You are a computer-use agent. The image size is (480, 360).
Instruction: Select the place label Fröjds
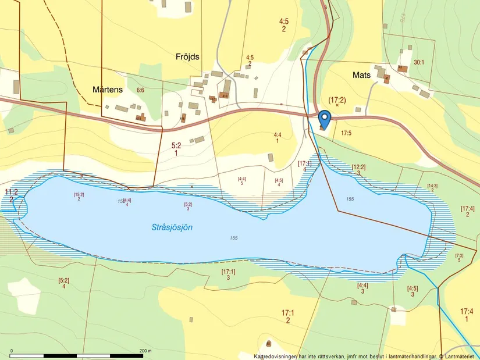(188, 56)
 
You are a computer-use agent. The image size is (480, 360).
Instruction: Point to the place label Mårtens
(108, 90)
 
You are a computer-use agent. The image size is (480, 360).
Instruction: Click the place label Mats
(361, 75)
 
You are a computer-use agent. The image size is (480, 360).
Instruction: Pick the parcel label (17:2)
(337, 100)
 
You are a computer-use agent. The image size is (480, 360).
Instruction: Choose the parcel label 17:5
(347, 133)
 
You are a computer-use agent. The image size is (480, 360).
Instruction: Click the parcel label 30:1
(419, 62)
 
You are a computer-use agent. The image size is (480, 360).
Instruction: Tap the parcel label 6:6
(140, 90)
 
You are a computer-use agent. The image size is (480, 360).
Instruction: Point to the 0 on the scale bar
(12, 351)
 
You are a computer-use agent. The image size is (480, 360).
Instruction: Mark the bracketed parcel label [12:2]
(359, 167)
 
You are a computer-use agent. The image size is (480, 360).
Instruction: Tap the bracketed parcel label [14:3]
(432, 186)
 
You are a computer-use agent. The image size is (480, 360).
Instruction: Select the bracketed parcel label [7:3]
(459, 255)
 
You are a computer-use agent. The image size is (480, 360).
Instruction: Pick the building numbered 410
(225, 96)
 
